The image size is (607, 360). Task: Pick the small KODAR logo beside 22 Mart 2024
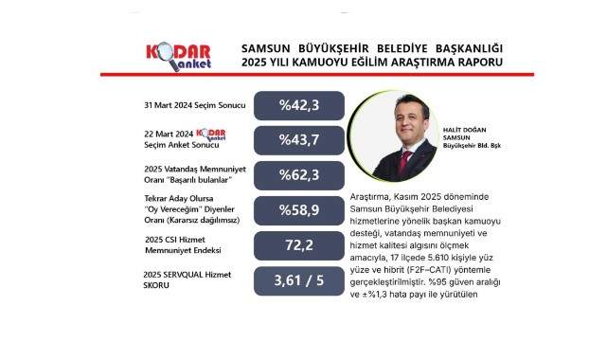pyautogui.click(x=211, y=135)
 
